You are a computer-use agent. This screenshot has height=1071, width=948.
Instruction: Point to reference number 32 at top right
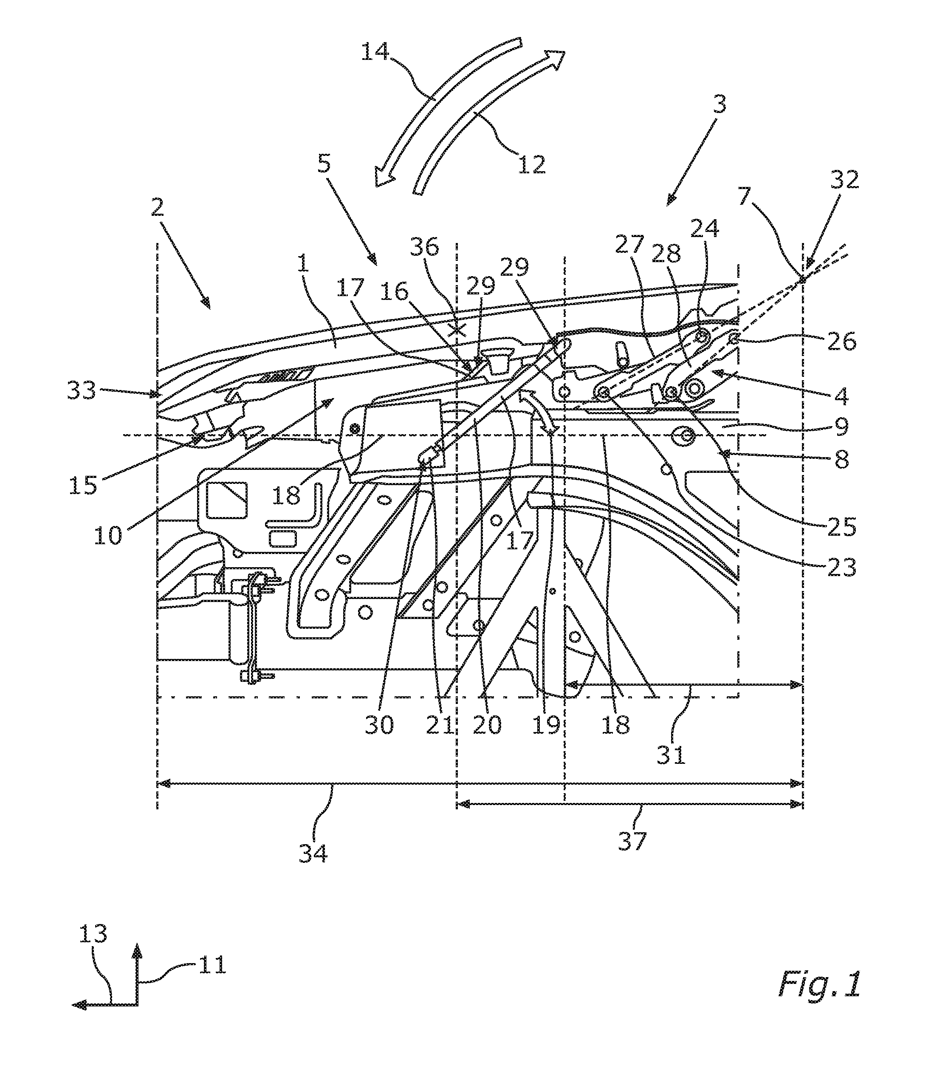[844, 180]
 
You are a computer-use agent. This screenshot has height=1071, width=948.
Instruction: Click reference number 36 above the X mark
[424, 247]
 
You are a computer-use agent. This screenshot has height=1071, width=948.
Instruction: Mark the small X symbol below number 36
[458, 330]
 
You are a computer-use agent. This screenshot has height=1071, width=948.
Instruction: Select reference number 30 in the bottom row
[379, 726]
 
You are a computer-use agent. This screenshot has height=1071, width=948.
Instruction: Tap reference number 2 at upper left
[157, 208]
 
